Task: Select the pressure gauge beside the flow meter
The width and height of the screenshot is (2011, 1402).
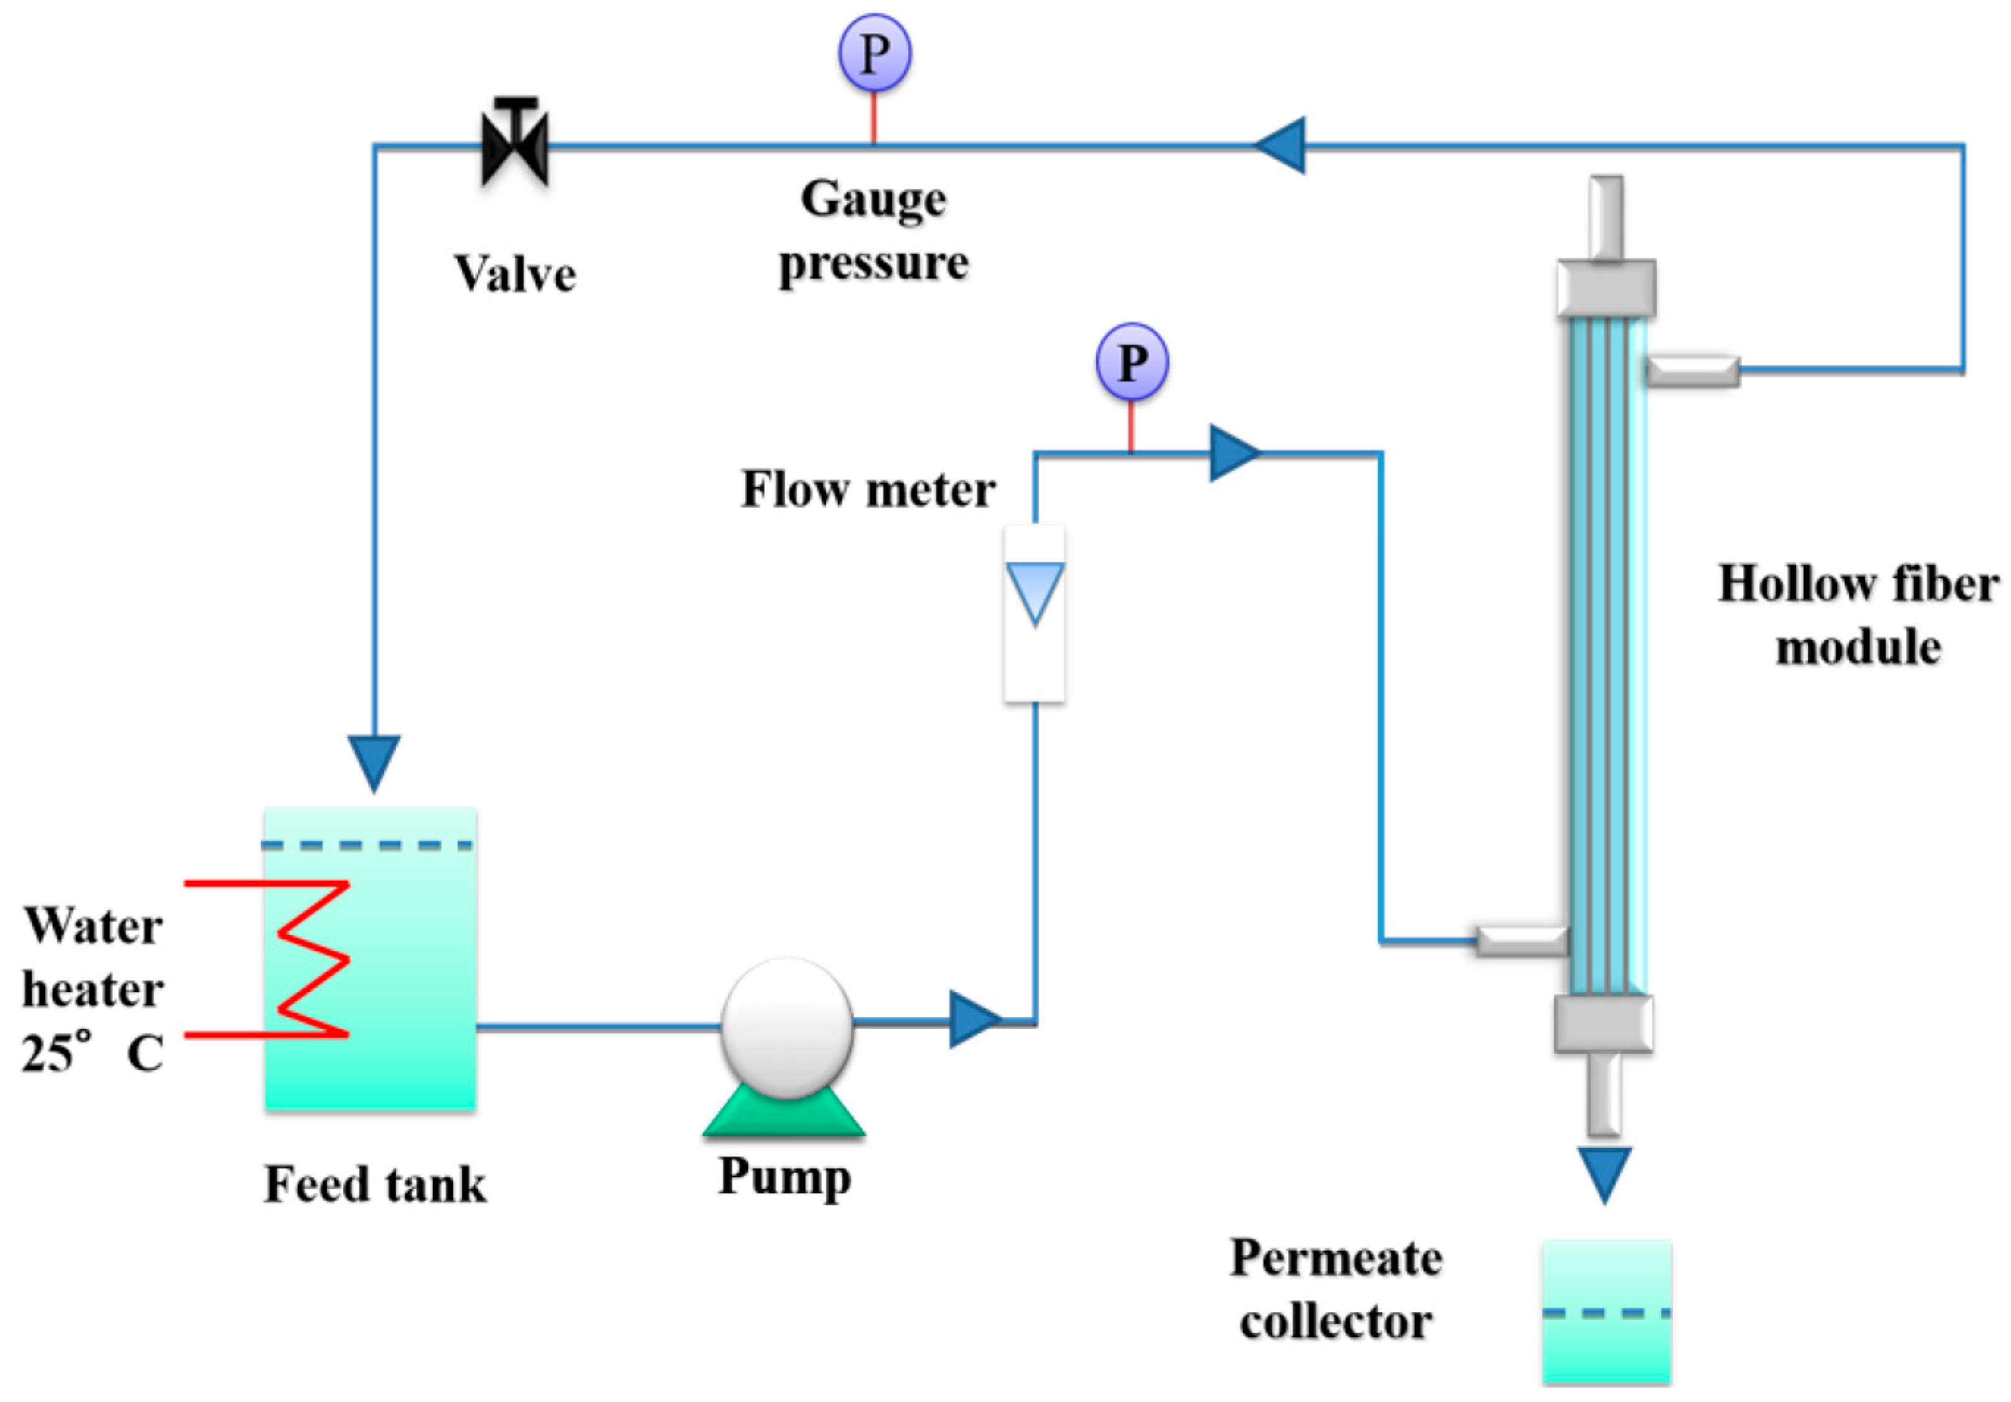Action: pyautogui.click(x=1132, y=362)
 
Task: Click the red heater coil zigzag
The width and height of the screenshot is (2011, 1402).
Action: pyautogui.click(x=289, y=959)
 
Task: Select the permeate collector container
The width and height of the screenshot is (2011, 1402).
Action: pyautogui.click(x=1606, y=1312)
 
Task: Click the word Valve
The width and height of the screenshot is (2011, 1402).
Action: pyautogui.click(x=515, y=273)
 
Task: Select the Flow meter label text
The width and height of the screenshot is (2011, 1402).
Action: pyautogui.click(x=868, y=489)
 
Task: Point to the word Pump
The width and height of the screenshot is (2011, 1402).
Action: pyautogui.click(x=784, y=1177)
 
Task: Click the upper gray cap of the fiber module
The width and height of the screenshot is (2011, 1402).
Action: pyautogui.click(x=1606, y=288)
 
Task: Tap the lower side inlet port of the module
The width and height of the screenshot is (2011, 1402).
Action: pyautogui.click(x=1522, y=941)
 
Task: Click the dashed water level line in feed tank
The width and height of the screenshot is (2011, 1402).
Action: pyautogui.click(x=368, y=846)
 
